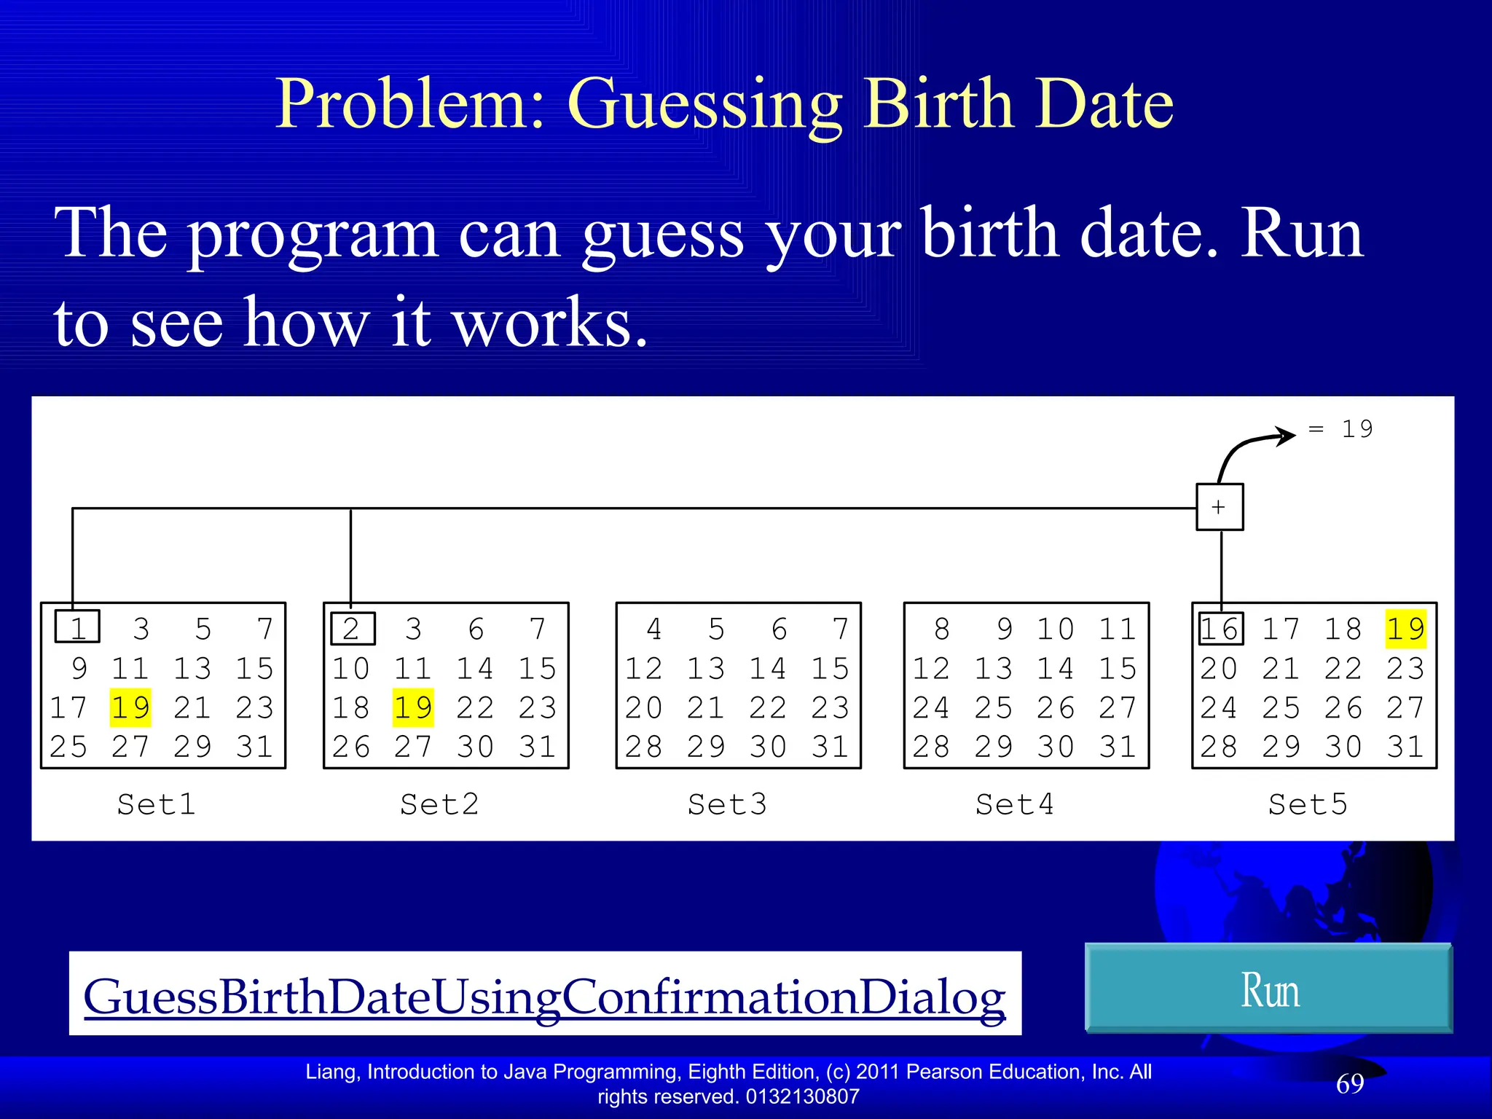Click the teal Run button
[x=1268, y=989]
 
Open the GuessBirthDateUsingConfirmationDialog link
[x=544, y=996]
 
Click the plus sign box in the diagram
[x=1220, y=507]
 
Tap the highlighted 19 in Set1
[x=130, y=707]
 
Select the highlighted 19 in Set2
[x=413, y=707]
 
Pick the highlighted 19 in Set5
[x=1405, y=629]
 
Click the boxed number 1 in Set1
[x=77, y=627]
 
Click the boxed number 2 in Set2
[x=353, y=629]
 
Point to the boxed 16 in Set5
[x=1220, y=629]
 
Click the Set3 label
[x=727, y=804]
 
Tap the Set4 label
[x=1015, y=804]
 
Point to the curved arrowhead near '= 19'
[x=1286, y=436]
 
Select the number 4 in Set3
[x=654, y=629]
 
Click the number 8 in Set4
[x=942, y=629]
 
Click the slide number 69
[x=1350, y=1084]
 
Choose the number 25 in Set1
[x=68, y=747]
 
